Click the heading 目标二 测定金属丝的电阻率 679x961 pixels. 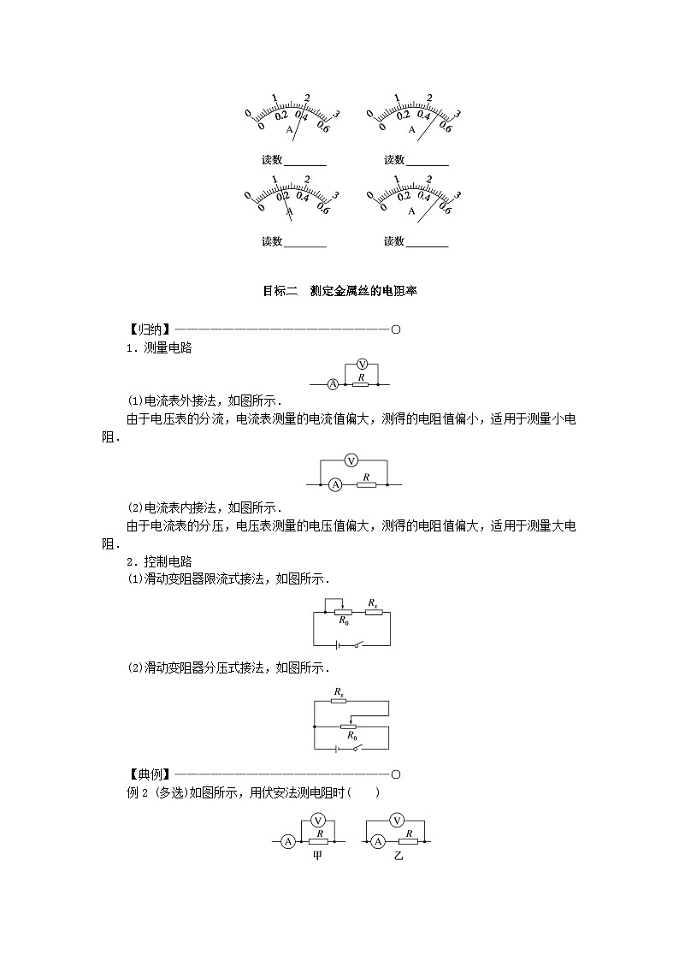tap(339, 291)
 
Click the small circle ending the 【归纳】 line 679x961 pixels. tap(395, 329)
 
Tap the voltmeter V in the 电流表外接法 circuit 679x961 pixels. tap(361, 364)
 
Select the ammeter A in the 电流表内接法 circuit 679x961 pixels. tap(336, 485)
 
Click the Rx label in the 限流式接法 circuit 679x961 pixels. tap(373, 602)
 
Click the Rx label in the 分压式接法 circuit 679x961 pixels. tap(339, 691)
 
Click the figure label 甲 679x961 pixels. tap(317, 856)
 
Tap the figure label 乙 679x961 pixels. tap(399, 856)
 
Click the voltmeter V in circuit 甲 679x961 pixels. tap(315, 820)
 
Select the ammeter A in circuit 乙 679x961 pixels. tap(378, 842)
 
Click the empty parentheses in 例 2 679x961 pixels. tap(369, 793)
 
